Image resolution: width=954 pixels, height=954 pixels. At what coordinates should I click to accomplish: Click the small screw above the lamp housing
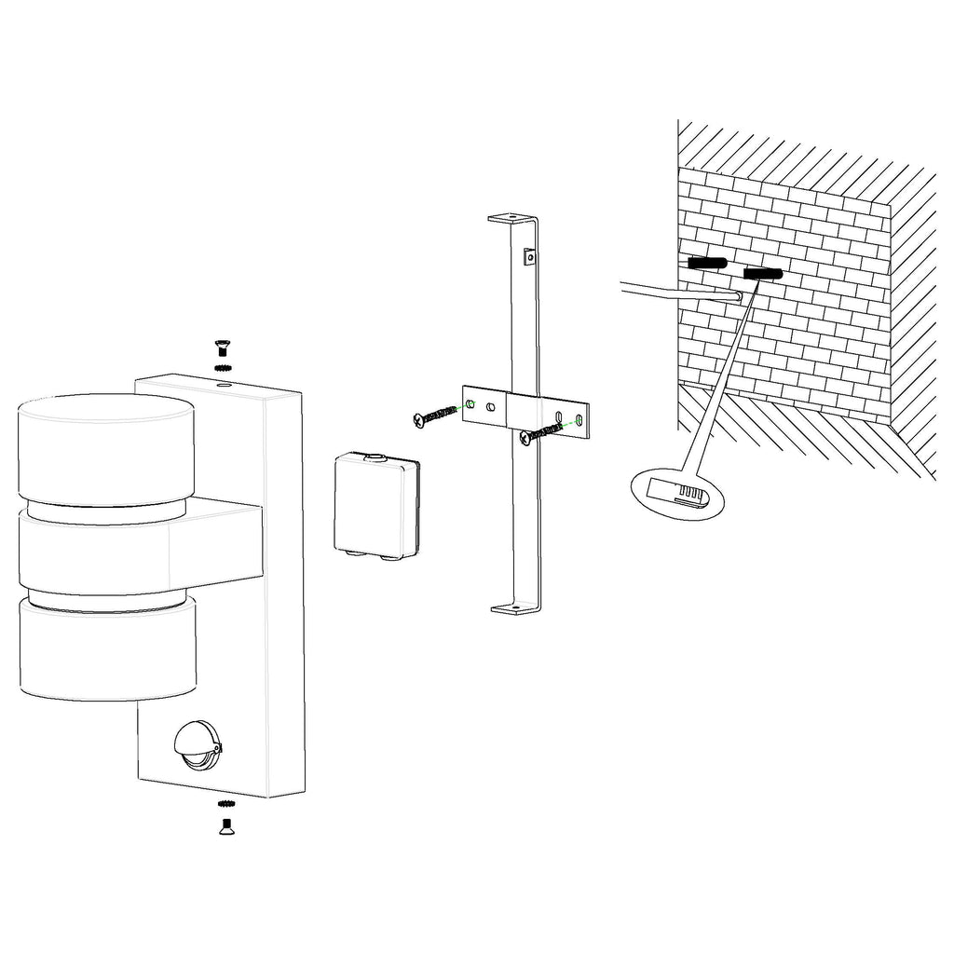(223, 348)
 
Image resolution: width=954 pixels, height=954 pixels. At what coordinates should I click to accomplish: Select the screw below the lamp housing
(225, 825)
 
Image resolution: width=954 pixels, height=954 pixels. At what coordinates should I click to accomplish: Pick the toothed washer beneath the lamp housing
(225, 804)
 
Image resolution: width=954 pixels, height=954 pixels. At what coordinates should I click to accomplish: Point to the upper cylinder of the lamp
(107, 449)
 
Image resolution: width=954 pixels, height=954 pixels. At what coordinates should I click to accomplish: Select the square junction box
(374, 506)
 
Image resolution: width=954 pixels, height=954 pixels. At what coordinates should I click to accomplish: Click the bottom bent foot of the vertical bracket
(515, 609)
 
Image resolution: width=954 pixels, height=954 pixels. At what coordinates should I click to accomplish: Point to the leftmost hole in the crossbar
(470, 403)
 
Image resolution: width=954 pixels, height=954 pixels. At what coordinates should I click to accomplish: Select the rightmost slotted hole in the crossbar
(581, 420)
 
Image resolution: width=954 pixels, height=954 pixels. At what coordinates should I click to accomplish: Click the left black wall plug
(705, 264)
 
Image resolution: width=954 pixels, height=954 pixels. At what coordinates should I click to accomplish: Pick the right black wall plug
(762, 273)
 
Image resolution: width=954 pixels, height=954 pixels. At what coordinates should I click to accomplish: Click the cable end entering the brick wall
(737, 295)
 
